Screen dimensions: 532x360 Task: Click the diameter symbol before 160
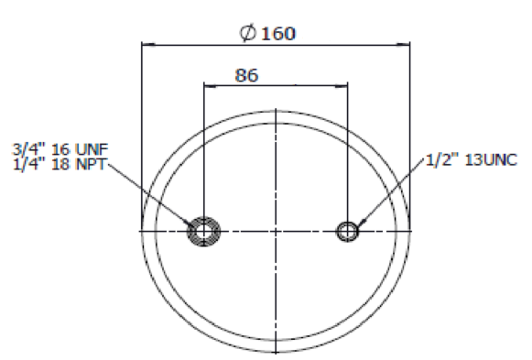pyautogui.click(x=247, y=33)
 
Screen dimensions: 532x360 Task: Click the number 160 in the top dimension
pyautogui.click(x=278, y=34)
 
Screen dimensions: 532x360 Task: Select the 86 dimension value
pyautogui.click(x=246, y=75)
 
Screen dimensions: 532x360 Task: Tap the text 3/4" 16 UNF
pyautogui.click(x=60, y=149)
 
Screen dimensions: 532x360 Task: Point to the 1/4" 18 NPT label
pyautogui.click(x=60, y=164)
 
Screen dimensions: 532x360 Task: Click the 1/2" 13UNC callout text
pyautogui.click(x=472, y=160)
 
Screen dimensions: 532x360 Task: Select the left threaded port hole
pyautogui.click(x=203, y=232)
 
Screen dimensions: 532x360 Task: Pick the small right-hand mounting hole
pyautogui.click(x=347, y=232)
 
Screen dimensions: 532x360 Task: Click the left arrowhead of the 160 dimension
pyautogui.click(x=148, y=44)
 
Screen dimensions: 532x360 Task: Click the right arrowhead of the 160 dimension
pyautogui.click(x=403, y=44)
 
